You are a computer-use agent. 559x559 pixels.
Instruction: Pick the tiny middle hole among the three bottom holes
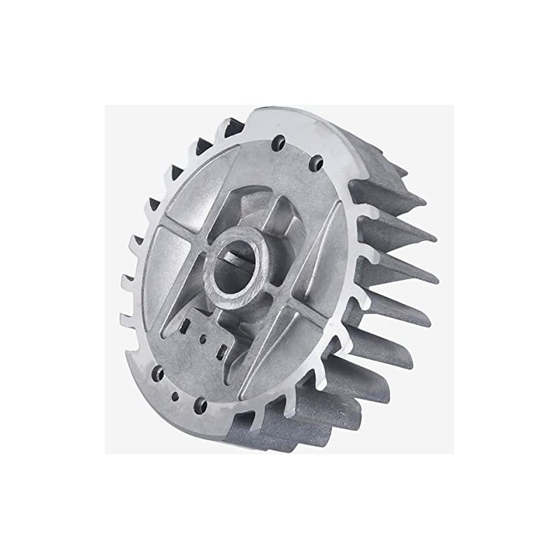(x=175, y=395)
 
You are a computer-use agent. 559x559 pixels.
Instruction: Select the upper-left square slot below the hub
(x=187, y=326)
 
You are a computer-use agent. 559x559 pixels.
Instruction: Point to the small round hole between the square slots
(x=203, y=339)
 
